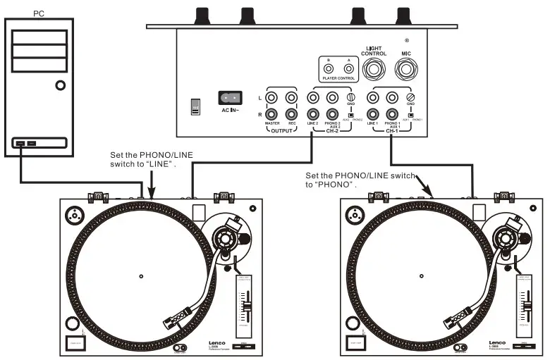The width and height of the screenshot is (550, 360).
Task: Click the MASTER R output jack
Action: [271, 114]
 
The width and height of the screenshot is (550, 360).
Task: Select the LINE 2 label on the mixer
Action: [314, 124]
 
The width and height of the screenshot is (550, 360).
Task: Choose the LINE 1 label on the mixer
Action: [374, 124]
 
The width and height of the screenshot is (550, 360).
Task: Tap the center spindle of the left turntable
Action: [141, 275]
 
